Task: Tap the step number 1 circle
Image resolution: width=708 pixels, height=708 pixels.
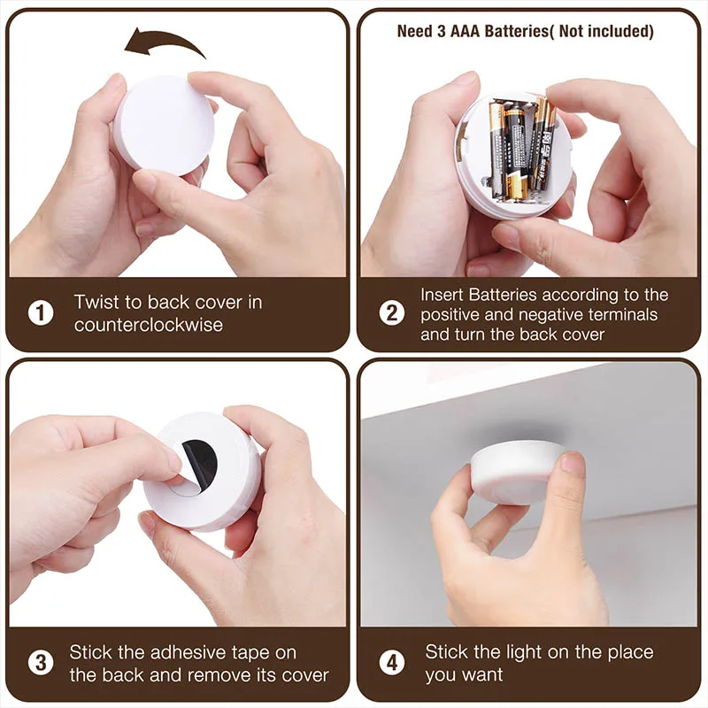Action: [40, 313]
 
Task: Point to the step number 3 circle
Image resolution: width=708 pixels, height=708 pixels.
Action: [40, 664]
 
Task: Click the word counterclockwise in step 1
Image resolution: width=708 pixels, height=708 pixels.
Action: [148, 325]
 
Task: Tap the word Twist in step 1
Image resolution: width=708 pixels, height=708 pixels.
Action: [95, 303]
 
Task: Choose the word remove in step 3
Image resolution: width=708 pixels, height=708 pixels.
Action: [237, 675]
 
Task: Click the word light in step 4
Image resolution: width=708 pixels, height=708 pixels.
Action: [534, 652]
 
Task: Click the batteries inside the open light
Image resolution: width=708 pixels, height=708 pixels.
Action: [522, 146]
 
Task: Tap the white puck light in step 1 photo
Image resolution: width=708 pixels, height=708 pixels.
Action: [165, 124]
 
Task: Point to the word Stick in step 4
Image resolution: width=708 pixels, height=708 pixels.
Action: [448, 652]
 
